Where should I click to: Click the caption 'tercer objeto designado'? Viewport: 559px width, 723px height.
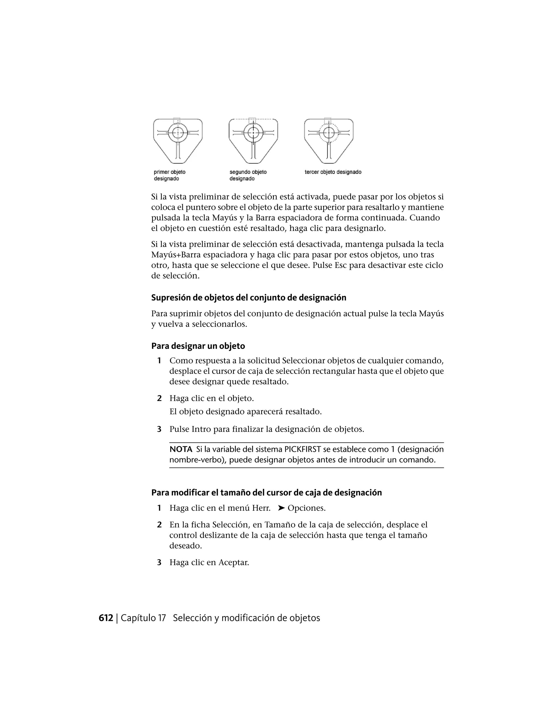click(333, 172)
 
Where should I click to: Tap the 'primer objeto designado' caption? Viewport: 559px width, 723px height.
click(170, 175)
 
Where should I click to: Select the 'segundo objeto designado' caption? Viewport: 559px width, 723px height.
click(248, 175)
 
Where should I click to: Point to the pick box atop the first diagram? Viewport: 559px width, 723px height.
click(177, 121)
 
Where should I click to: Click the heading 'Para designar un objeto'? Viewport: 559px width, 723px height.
click(198, 346)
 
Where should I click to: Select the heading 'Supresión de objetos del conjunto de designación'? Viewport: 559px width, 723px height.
click(249, 298)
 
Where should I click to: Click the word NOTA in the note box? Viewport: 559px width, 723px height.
click(181, 449)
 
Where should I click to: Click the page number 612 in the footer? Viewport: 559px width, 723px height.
click(106, 618)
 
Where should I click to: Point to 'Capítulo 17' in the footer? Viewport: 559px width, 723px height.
click(143, 618)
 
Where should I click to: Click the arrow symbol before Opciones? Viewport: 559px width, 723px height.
click(281, 508)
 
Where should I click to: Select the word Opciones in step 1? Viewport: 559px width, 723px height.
click(306, 508)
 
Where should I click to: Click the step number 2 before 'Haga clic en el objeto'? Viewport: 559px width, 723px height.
click(159, 398)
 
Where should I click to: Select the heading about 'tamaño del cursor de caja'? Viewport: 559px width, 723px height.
click(266, 492)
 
